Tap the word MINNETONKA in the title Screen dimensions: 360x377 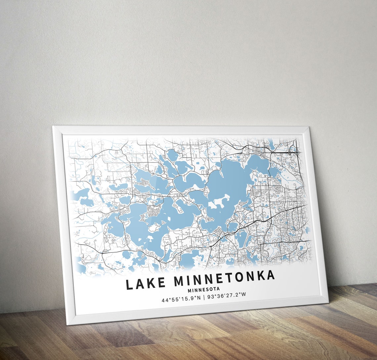tap(224, 279)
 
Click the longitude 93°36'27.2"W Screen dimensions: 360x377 tap(227, 295)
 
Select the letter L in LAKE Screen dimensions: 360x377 tap(130, 284)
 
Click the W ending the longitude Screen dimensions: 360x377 tap(244, 294)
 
